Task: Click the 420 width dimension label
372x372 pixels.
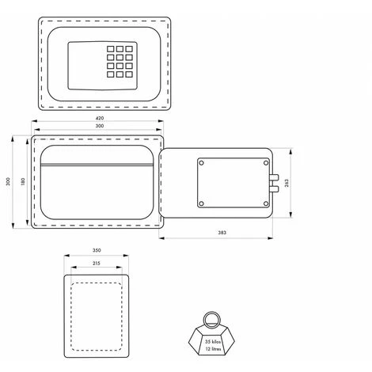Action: point(100,118)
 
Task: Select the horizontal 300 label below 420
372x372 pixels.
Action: point(100,126)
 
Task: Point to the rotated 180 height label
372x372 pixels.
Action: point(23,181)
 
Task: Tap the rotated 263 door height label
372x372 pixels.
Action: point(287,183)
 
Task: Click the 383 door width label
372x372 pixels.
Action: point(222,233)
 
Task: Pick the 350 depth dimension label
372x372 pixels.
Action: point(97,250)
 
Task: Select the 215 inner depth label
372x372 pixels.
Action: point(97,263)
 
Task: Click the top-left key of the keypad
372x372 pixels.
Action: point(111,49)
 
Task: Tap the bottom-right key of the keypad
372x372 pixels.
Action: point(129,74)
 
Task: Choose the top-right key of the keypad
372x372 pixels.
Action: point(129,49)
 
